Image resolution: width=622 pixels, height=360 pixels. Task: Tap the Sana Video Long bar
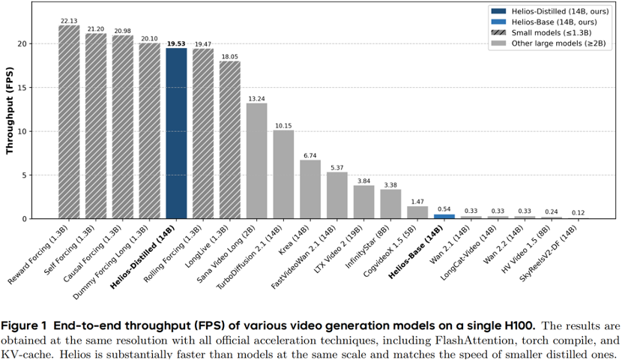pos(256,160)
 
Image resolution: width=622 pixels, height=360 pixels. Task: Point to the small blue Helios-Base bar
pos(444,216)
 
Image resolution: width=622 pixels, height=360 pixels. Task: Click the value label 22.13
pos(69,20)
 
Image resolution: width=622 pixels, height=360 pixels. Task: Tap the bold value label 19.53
pos(176,43)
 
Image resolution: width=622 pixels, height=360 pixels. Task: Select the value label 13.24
pos(256,97)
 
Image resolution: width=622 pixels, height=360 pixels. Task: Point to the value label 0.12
pos(578,213)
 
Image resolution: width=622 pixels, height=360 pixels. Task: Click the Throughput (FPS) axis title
pos(11,113)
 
